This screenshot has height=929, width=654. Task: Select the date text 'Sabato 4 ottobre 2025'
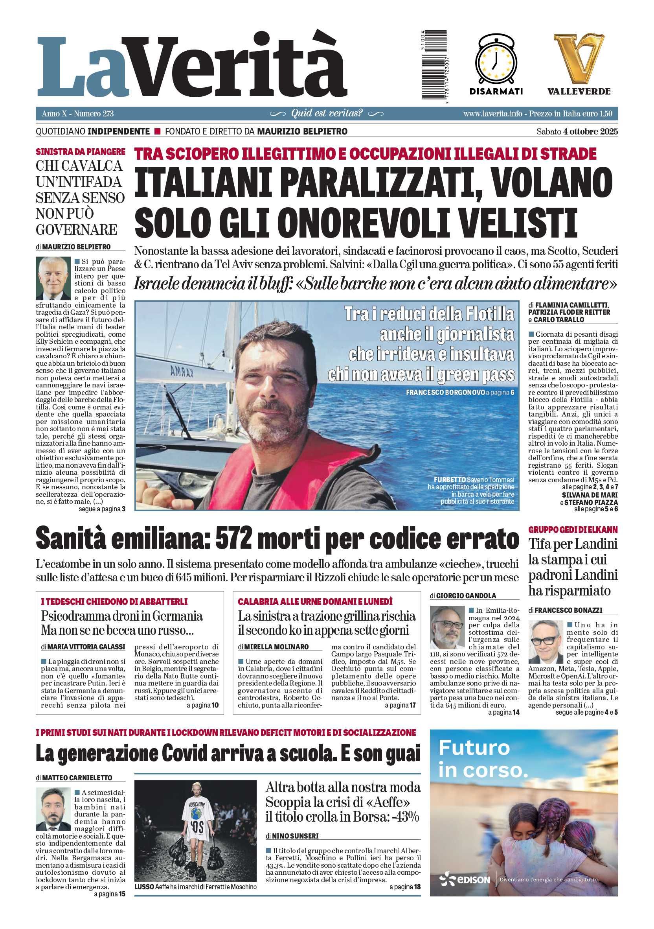tap(577, 131)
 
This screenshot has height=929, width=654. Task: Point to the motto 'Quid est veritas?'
tap(327, 113)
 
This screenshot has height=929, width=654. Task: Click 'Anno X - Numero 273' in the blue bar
tap(77, 114)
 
